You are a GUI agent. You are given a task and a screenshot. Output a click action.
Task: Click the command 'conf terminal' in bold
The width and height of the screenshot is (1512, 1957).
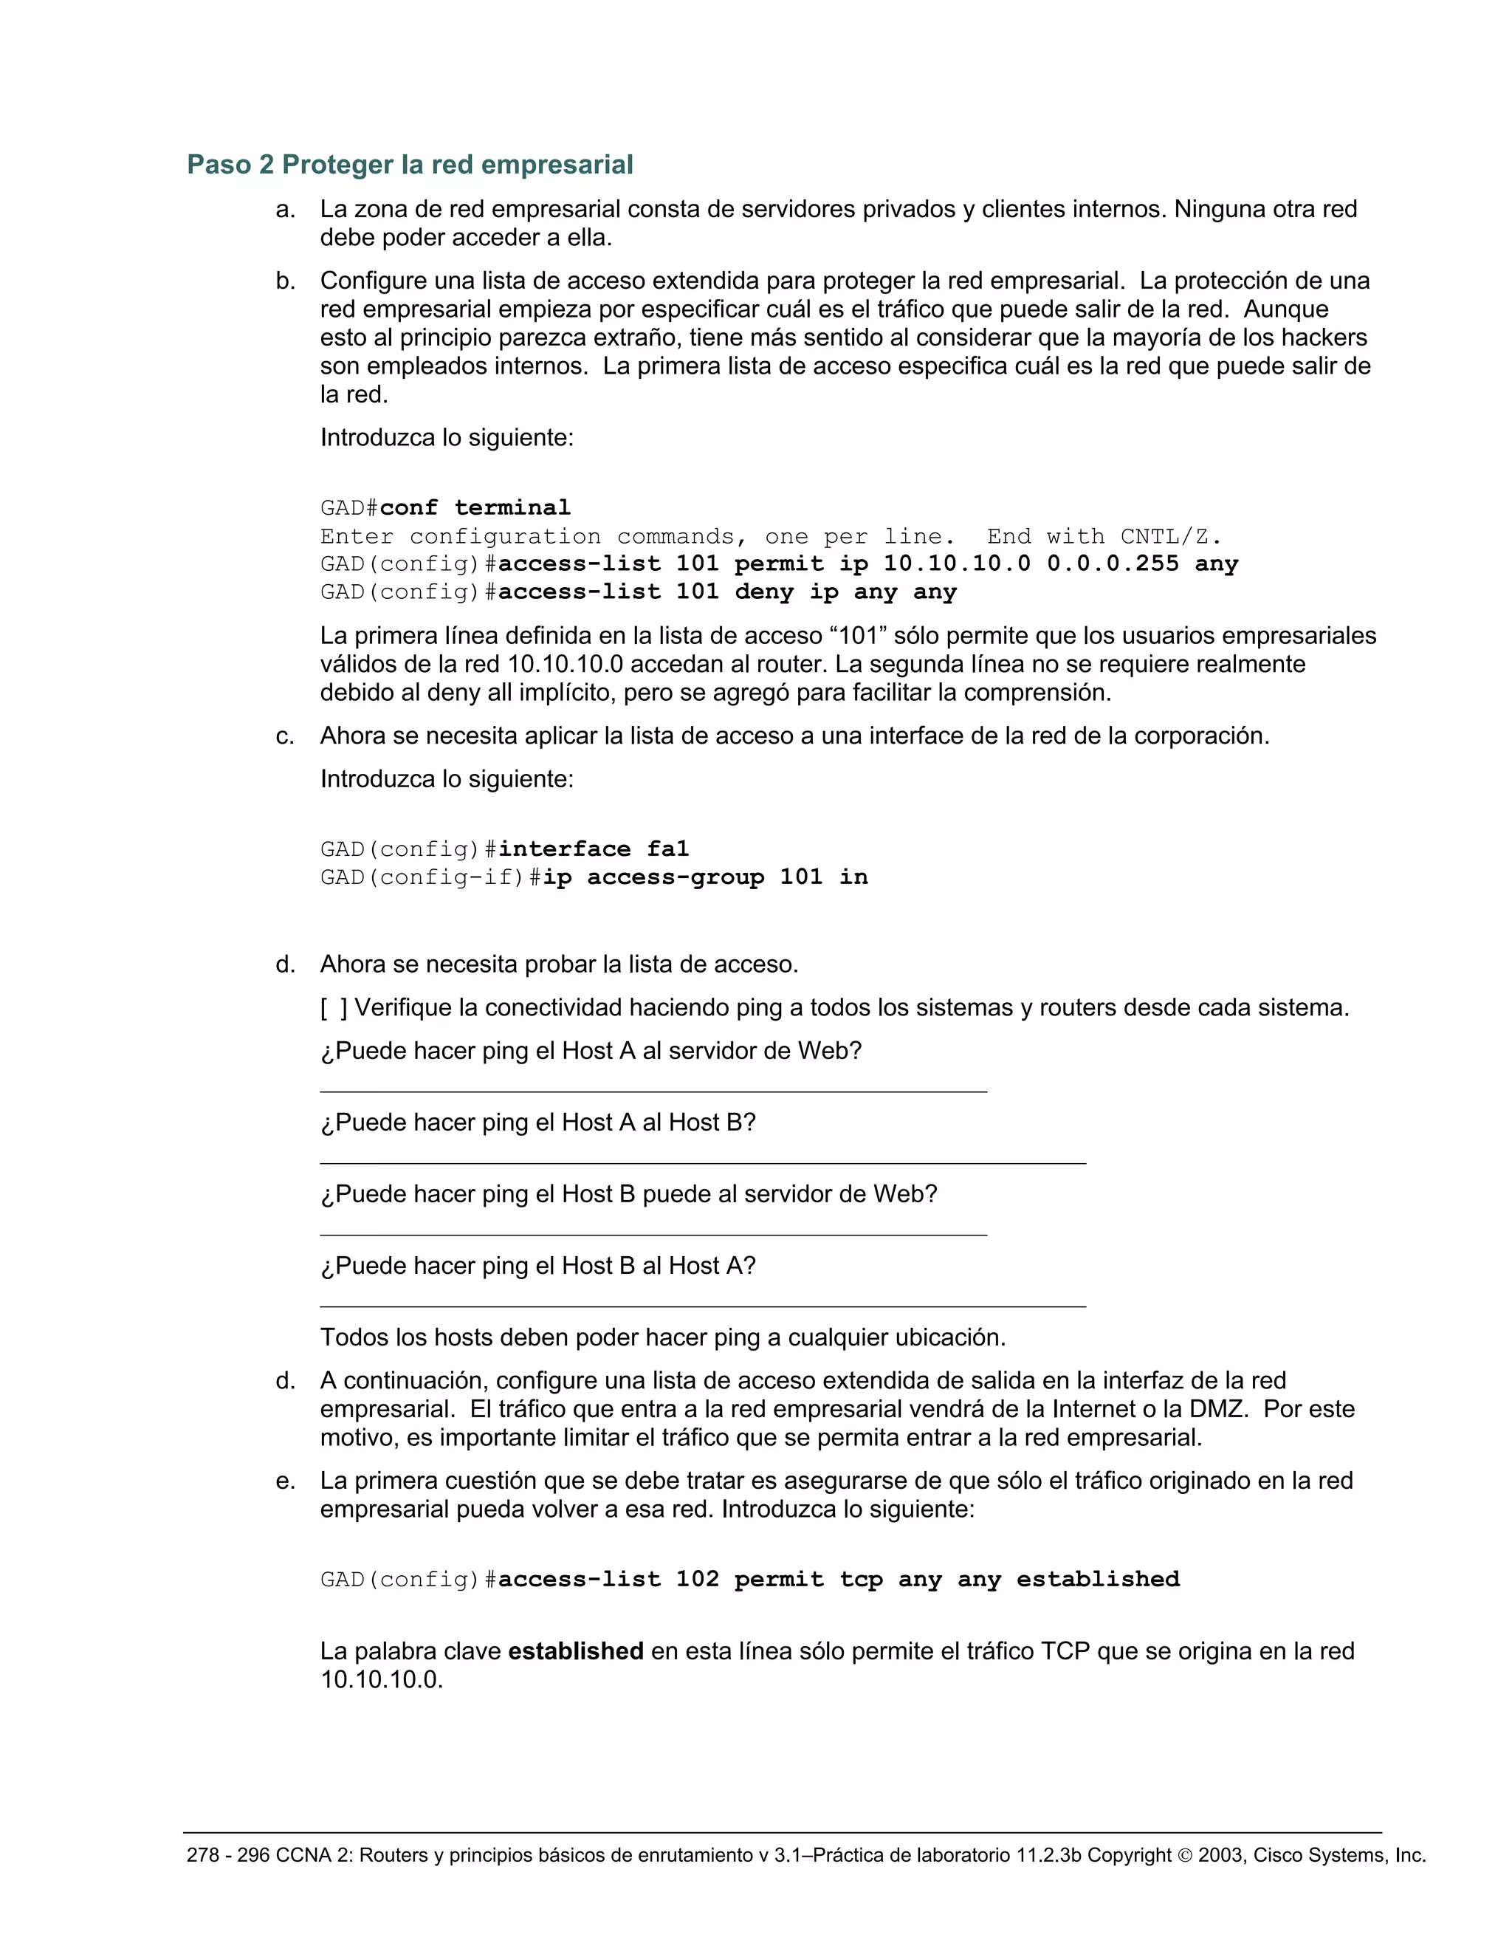[475, 507]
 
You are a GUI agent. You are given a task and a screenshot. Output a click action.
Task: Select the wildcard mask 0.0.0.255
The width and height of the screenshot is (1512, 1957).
[1113, 563]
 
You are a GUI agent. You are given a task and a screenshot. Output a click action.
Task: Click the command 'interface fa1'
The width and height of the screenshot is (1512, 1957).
[593, 849]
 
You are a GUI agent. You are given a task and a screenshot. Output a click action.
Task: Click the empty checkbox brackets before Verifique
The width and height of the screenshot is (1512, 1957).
[333, 1008]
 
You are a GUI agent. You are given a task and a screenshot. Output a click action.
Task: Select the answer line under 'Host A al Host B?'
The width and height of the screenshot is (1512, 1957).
[702, 1162]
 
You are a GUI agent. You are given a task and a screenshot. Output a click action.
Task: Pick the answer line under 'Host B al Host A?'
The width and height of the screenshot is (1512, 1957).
[702, 1306]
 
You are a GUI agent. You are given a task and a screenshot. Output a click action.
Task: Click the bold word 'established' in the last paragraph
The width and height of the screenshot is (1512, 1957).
[575, 1651]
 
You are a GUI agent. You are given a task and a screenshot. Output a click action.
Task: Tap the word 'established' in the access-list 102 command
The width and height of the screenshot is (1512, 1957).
[1097, 1579]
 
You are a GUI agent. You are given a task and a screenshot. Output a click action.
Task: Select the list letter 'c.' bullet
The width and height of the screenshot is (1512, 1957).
[285, 736]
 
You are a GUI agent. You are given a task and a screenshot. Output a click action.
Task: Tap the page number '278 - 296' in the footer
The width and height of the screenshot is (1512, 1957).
[227, 1855]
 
